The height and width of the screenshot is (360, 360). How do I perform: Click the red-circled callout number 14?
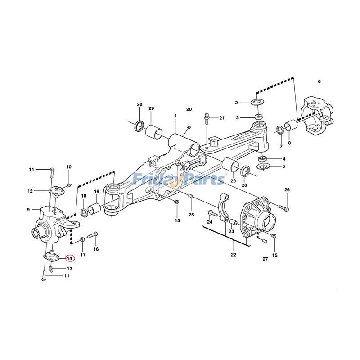point(70,258)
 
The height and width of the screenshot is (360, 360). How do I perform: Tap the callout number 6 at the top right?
point(319,81)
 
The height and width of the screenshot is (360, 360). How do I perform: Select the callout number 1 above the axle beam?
point(175,116)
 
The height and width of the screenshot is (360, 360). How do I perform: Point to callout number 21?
point(221,118)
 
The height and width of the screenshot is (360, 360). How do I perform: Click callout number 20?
point(189,109)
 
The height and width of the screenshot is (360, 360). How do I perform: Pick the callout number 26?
point(287,190)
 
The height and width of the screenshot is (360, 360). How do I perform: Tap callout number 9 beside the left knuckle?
point(28,210)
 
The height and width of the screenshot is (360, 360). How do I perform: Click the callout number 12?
point(30,191)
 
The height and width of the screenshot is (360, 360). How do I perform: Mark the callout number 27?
point(265,259)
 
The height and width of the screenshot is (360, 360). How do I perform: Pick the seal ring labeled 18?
point(84,212)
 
